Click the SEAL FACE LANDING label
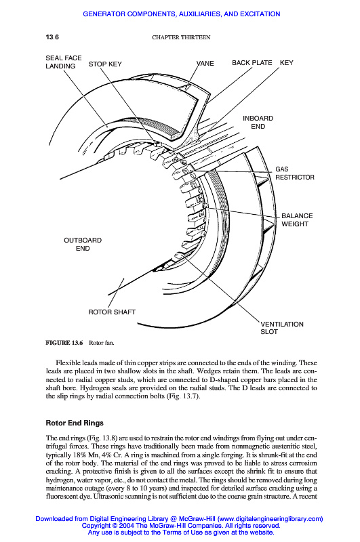pyautogui.click(x=64, y=62)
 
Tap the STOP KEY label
pyautogui.click(x=105, y=64)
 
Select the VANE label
pyautogui.click(x=205, y=63)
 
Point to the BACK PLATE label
pyautogui.click(x=252, y=62)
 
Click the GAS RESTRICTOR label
pyautogui.click(x=295, y=173)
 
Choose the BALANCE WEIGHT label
pyautogui.click(x=297, y=220)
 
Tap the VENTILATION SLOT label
pyautogui.click(x=282, y=328)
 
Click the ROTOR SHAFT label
pyautogui.click(x=112, y=312)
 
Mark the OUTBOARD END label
pyautogui.click(x=83, y=244)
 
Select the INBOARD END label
pyautogui.click(x=258, y=123)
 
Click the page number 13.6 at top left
pyautogui.click(x=52, y=37)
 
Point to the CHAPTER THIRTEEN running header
pyautogui.click(x=181, y=37)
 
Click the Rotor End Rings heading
pyautogui.click(x=75, y=423)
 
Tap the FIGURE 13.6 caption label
pyautogui.click(x=64, y=343)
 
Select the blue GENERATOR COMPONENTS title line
pyautogui.click(x=182, y=14)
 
